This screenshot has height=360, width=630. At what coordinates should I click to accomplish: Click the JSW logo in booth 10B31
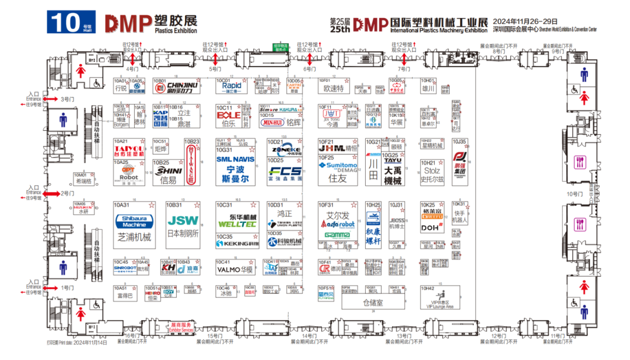pos(183,221)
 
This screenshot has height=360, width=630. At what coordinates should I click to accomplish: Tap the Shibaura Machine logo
pos(134,221)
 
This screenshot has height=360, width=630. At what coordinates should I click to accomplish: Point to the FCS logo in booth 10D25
pos(285,172)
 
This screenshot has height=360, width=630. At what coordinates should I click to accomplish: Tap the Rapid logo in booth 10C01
pos(232,86)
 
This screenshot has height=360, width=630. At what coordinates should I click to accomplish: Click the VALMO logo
pos(228,270)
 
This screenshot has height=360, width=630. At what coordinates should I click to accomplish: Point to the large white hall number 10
pos(65,22)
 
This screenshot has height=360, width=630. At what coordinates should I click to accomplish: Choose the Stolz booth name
pos(432,170)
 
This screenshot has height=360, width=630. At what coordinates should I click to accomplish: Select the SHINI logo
pos(170,170)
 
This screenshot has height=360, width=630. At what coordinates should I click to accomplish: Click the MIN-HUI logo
pos(272,123)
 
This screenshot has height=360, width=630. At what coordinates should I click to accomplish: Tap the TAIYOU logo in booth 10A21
pos(129,150)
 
